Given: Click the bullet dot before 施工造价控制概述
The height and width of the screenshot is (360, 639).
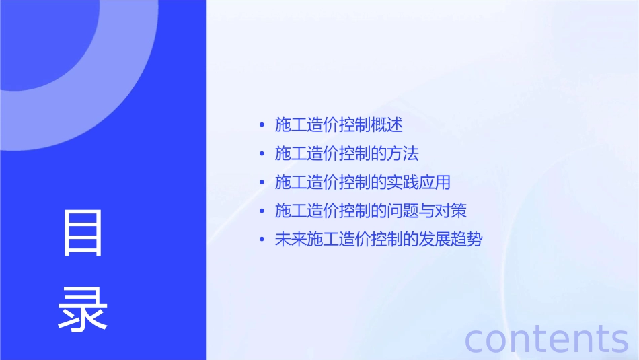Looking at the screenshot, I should [x=262, y=125].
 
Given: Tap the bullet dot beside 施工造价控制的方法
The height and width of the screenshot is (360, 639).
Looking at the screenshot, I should [x=262, y=154].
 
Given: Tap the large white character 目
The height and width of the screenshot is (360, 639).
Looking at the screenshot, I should [x=83, y=233].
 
